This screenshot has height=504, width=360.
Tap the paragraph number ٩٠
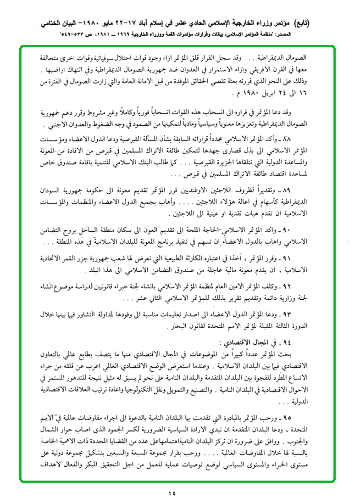[x=320, y=230]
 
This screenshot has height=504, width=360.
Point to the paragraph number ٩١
[x=320, y=259]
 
